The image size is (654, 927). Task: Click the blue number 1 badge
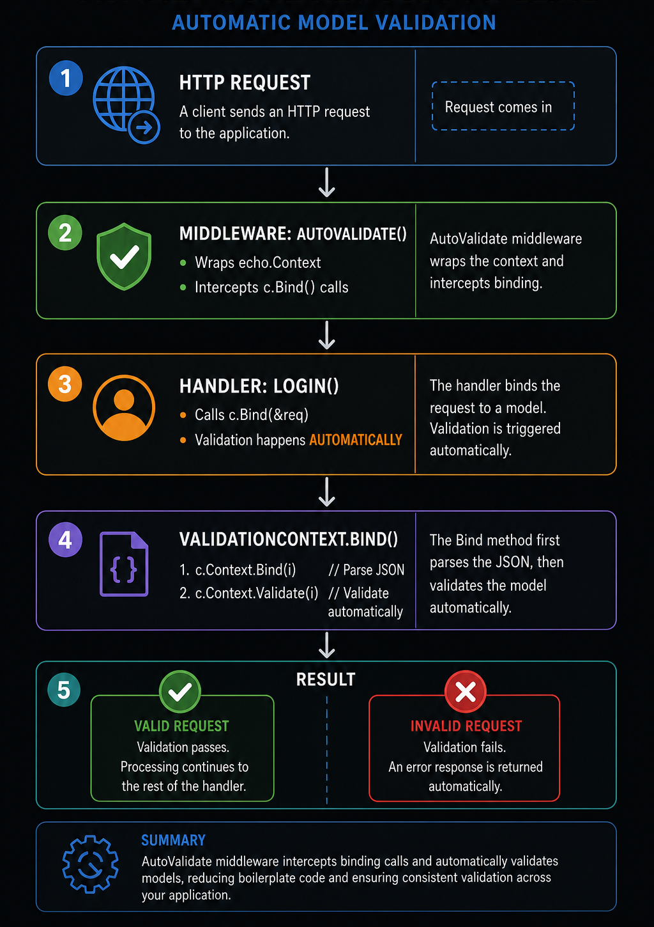(66, 78)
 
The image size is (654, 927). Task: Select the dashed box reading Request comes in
(503, 106)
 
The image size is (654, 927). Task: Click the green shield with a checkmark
(124, 256)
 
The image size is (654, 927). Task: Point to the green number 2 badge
(65, 233)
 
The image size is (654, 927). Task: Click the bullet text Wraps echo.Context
(257, 262)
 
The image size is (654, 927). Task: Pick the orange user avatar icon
(124, 408)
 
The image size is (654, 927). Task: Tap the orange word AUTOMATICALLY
(356, 439)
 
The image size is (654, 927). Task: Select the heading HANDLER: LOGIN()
(259, 386)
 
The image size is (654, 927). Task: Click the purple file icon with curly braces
(124, 564)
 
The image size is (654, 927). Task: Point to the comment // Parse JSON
(366, 570)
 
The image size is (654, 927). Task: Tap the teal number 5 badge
(64, 690)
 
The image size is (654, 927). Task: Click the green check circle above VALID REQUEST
(180, 692)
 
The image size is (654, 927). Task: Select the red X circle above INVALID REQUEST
(465, 692)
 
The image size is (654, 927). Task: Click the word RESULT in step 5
(326, 680)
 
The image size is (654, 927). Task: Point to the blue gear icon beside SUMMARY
(90, 864)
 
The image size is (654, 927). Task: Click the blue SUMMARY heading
(173, 841)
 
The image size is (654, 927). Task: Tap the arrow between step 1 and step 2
(327, 182)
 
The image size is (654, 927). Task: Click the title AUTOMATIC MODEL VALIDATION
(334, 22)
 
